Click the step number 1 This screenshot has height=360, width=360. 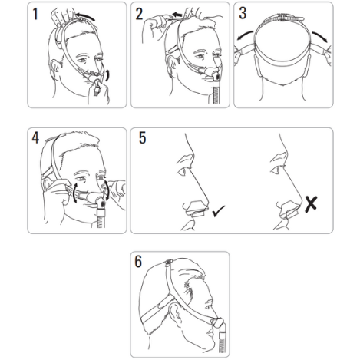coord(35,14)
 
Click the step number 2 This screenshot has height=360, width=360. coord(139,14)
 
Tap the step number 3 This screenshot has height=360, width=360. coord(243,13)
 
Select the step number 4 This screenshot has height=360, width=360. coord(35,138)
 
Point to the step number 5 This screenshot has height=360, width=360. coord(143,137)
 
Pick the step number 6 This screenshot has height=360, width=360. coord(138,262)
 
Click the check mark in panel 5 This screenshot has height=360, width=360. coord(219,211)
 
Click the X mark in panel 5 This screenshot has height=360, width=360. coord(312,204)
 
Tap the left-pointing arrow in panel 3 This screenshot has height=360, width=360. coord(245,35)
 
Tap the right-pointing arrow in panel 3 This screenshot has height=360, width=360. coord(320,36)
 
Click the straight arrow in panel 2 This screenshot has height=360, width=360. coord(177,15)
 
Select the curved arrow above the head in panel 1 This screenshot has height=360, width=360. coord(86,16)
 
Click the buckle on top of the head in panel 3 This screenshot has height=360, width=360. coord(282,18)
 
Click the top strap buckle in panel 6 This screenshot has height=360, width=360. coord(169,262)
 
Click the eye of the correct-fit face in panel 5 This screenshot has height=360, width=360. coord(183,172)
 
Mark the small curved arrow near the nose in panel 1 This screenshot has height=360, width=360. coord(107,74)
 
